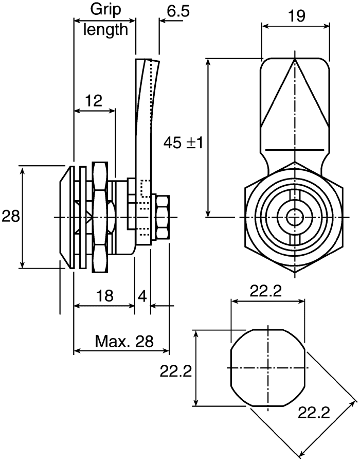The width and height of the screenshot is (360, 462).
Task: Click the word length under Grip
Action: coord(106,29)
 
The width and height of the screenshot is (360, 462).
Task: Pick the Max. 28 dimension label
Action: coord(124,341)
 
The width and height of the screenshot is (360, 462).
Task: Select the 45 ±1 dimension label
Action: coord(183,142)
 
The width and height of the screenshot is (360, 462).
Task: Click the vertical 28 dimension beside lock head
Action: coord(10,216)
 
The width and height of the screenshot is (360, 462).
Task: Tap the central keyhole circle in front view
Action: coord(294,217)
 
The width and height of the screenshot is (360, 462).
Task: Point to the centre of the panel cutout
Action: coord(267,368)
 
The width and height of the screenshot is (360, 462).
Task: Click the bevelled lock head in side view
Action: coord(64,217)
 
